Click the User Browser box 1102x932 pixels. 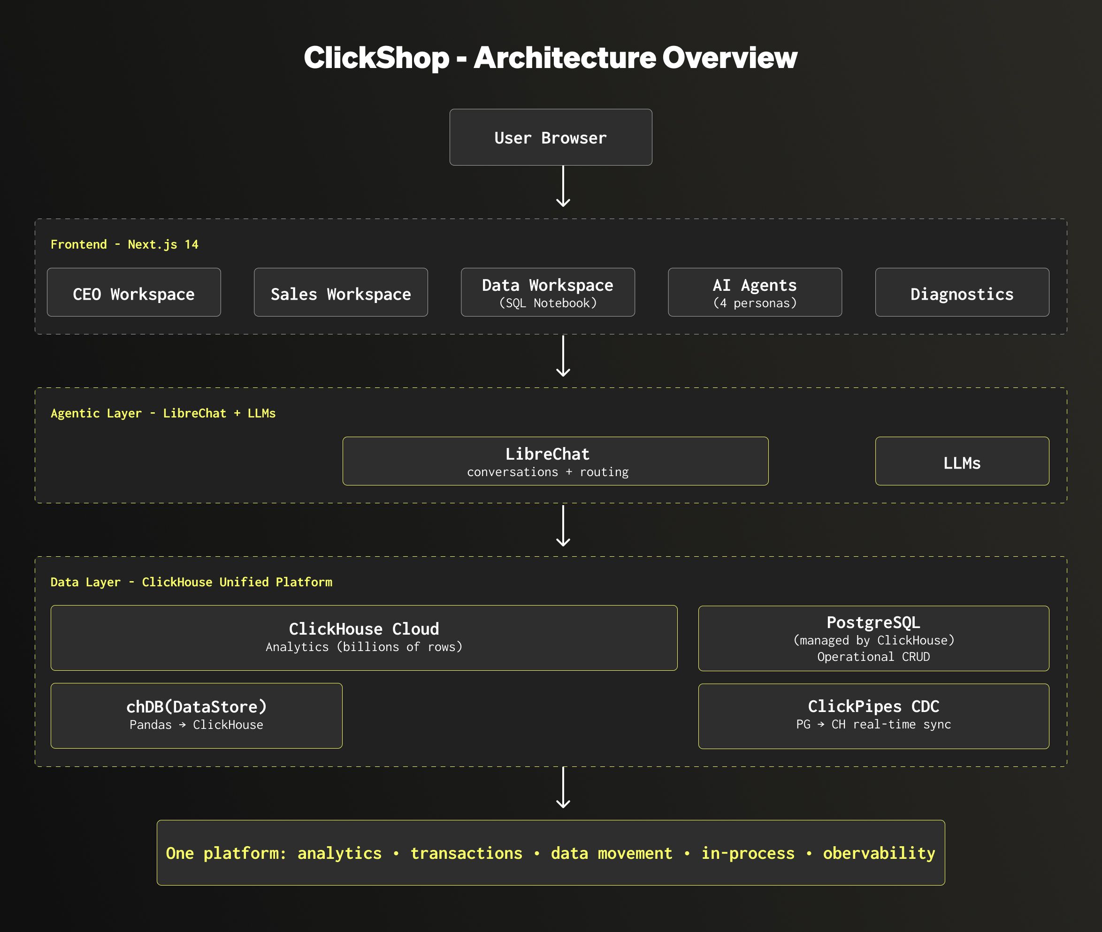click(x=550, y=137)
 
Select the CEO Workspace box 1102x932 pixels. click(x=134, y=292)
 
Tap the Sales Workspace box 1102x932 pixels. click(x=340, y=292)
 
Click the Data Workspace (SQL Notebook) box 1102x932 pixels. click(x=548, y=292)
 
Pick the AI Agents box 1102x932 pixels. click(x=755, y=292)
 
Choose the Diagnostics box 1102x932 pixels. click(x=962, y=292)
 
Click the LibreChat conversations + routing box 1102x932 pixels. click(x=555, y=461)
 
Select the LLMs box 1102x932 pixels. click(x=962, y=461)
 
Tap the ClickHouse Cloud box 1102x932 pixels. click(x=364, y=638)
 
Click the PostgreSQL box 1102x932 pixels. click(x=873, y=638)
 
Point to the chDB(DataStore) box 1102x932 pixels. click(x=196, y=715)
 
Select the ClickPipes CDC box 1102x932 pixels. click(x=873, y=716)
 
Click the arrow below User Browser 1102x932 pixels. click(x=563, y=186)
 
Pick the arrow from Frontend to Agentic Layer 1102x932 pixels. click(x=563, y=356)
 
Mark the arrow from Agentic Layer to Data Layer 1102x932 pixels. click(x=563, y=525)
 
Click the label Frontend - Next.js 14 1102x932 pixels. click(x=124, y=244)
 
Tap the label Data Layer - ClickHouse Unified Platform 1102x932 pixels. click(x=191, y=582)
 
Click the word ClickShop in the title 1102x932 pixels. click(x=376, y=58)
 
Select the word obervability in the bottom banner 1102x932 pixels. click(x=879, y=853)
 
